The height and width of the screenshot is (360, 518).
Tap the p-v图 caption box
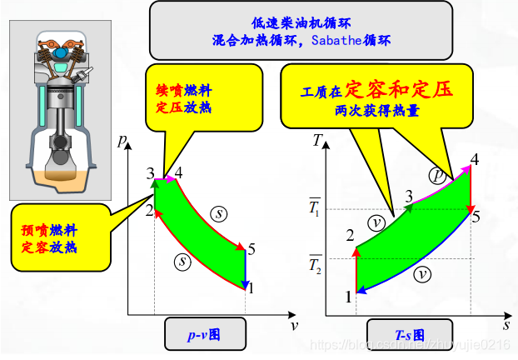(203, 336)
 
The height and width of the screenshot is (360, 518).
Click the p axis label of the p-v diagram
(122, 142)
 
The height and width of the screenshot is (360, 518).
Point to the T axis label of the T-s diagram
(318, 139)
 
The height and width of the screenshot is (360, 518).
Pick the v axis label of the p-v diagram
(294, 325)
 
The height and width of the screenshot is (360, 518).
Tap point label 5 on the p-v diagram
(252, 248)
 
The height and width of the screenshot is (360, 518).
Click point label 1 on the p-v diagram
(252, 288)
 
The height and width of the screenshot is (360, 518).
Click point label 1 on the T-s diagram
(348, 297)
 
